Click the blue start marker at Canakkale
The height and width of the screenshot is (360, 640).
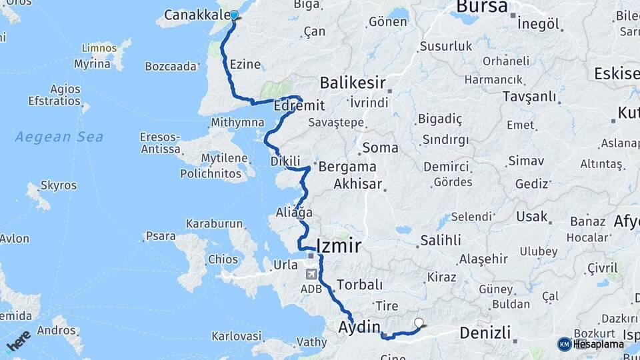click(x=233, y=15)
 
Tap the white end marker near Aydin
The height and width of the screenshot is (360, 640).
click(x=419, y=323)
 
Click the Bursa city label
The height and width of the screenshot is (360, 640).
click(x=481, y=7)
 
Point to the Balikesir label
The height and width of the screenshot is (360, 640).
click(x=353, y=83)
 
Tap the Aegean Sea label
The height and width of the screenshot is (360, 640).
click(x=59, y=137)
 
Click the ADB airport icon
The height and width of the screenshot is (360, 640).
click(x=311, y=274)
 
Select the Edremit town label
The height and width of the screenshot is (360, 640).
click(x=299, y=106)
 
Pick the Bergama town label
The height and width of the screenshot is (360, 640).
click(x=347, y=167)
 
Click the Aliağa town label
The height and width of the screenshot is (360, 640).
click(x=294, y=213)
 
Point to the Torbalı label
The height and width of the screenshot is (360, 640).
click(x=360, y=285)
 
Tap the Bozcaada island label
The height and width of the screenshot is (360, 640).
click(x=171, y=66)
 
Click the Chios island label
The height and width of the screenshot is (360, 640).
click(x=223, y=259)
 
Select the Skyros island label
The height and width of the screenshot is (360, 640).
click(x=59, y=185)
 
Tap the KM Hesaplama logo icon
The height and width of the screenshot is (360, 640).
click(x=565, y=344)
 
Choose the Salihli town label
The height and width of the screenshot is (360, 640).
click(x=441, y=239)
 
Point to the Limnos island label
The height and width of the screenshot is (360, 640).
click(x=99, y=49)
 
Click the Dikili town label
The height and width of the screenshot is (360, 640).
click(x=286, y=161)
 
